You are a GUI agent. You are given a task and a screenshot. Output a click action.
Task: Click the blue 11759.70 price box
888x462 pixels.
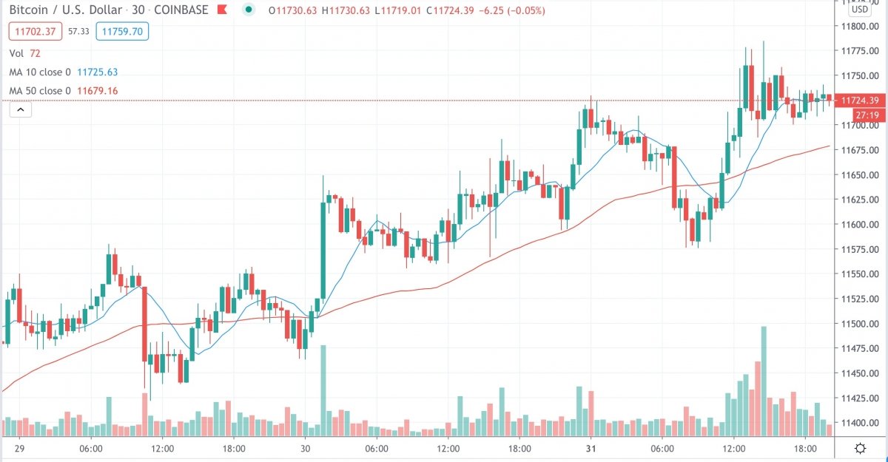[125, 32]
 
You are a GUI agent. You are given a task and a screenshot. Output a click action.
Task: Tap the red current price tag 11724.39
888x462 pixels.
[858, 101]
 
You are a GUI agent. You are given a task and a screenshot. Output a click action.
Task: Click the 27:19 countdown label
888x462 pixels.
[866, 115]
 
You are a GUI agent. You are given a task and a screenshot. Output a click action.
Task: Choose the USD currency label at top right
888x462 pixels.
[859, 10]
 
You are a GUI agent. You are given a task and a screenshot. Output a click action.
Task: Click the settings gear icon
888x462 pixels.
[861, 449]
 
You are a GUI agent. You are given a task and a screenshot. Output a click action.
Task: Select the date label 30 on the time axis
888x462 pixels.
[305, 449]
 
